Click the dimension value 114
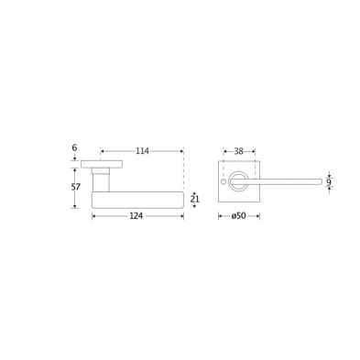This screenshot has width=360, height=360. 142,151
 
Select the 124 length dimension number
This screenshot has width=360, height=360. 136,216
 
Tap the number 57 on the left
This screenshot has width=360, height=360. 75,187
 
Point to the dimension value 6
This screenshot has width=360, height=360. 75,147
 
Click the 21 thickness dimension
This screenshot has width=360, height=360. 194,200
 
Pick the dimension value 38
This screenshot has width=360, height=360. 238,151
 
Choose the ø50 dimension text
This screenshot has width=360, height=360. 238,216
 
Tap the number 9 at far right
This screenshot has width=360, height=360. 329,182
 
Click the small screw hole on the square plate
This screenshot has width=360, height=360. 224,182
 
